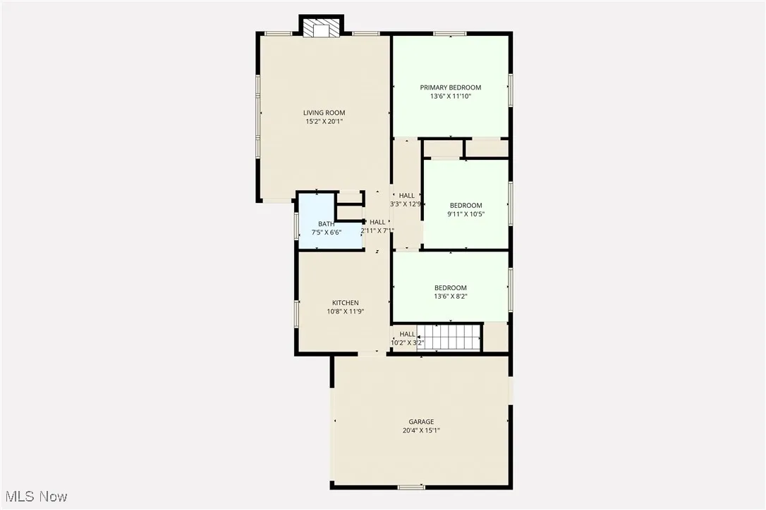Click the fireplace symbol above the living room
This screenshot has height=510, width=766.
(321, 27)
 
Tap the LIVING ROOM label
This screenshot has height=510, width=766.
(324, 113)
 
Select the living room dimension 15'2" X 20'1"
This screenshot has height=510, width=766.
(324, 122)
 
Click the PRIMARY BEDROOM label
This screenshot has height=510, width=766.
(450, 87)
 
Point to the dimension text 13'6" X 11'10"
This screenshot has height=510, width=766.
(450, 97)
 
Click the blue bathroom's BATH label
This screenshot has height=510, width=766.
(326, 223)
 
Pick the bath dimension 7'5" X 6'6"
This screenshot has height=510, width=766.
(326, 232)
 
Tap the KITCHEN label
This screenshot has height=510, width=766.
(346, 303)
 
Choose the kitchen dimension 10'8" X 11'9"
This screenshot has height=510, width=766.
(346, 311)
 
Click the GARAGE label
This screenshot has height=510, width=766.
(421, 422)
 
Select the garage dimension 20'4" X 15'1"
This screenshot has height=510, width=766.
(421, 430)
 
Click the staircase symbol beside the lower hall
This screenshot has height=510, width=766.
(449, 337)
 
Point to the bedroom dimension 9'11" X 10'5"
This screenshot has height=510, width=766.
(466, 214)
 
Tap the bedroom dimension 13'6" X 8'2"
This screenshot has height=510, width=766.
(450, 297)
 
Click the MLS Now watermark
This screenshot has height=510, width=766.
(35, 497)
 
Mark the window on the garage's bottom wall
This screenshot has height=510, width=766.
(411, 487)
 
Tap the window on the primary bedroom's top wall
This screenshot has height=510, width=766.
(449, 33)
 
